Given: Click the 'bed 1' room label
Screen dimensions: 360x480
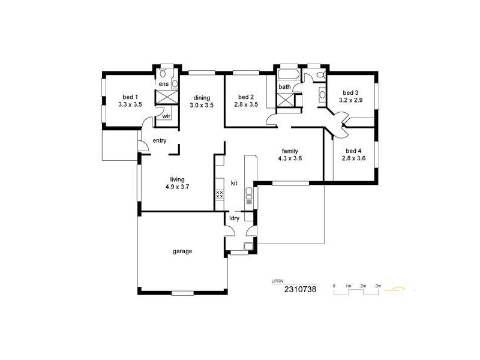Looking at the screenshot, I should pyautogui.click(x=130, y=97).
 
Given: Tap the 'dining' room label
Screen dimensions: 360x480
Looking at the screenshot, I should pyautogui.click(x=201, y=97).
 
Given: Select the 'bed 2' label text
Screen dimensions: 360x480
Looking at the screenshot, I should pyautogui.click(x=246, y=97).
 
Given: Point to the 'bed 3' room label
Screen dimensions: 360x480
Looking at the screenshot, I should pyautogui.click(x=350, y=92).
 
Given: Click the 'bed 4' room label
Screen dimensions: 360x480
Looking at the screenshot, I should pyautogui.click(x=353, y=151).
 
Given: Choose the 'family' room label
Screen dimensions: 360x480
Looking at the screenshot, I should pyautogui.click(x=290, y=151).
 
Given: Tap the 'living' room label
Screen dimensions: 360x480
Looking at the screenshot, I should pyautogui.click(x=177, y=179).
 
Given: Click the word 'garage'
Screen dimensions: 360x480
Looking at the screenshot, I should pyautogui.click(x=182, y=251).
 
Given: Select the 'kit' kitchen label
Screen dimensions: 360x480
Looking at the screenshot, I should pyautogui.click(x=235, y=182).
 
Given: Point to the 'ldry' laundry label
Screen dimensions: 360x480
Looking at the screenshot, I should pyautogui.click(x=235, y=218).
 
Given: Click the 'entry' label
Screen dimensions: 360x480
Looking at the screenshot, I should pyautogui.click(x=159, y=141).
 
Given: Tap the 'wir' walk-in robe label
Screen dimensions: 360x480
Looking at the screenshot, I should pyautogui.click(x=166, y=116).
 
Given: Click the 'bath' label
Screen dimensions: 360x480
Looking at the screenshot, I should pyautogui.click(x=284, y=87).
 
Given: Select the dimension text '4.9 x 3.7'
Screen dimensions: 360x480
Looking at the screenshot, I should pyautogui.click(x=177, y=187).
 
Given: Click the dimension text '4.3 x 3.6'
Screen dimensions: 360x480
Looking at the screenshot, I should pyautogui.click(x=290, y=158).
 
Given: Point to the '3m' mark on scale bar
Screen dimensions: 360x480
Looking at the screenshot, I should pyautogui.click(x=377, y=286).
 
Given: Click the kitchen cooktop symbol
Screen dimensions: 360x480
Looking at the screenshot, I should pyautogui.click(x=219, y=194).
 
